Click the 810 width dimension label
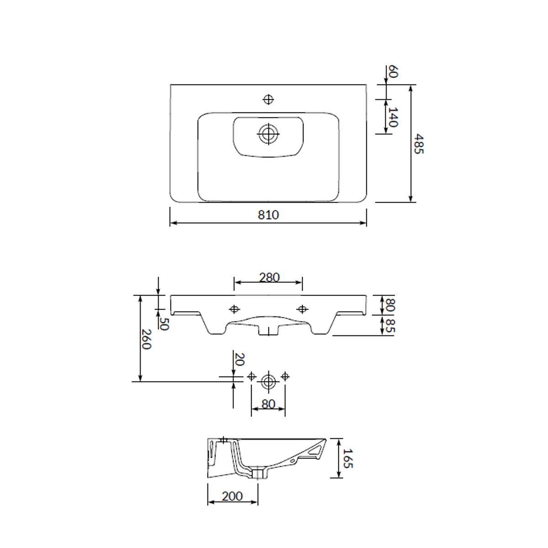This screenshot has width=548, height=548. pos(268,215)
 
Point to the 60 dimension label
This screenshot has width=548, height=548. pos(393,71)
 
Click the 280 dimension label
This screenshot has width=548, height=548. pos(269,278)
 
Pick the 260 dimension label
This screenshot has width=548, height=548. pos(146,340)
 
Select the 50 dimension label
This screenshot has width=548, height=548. pos(164,324)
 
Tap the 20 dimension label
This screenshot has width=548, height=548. pos(239,359)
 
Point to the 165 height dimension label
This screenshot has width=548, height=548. pos(348,458)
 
